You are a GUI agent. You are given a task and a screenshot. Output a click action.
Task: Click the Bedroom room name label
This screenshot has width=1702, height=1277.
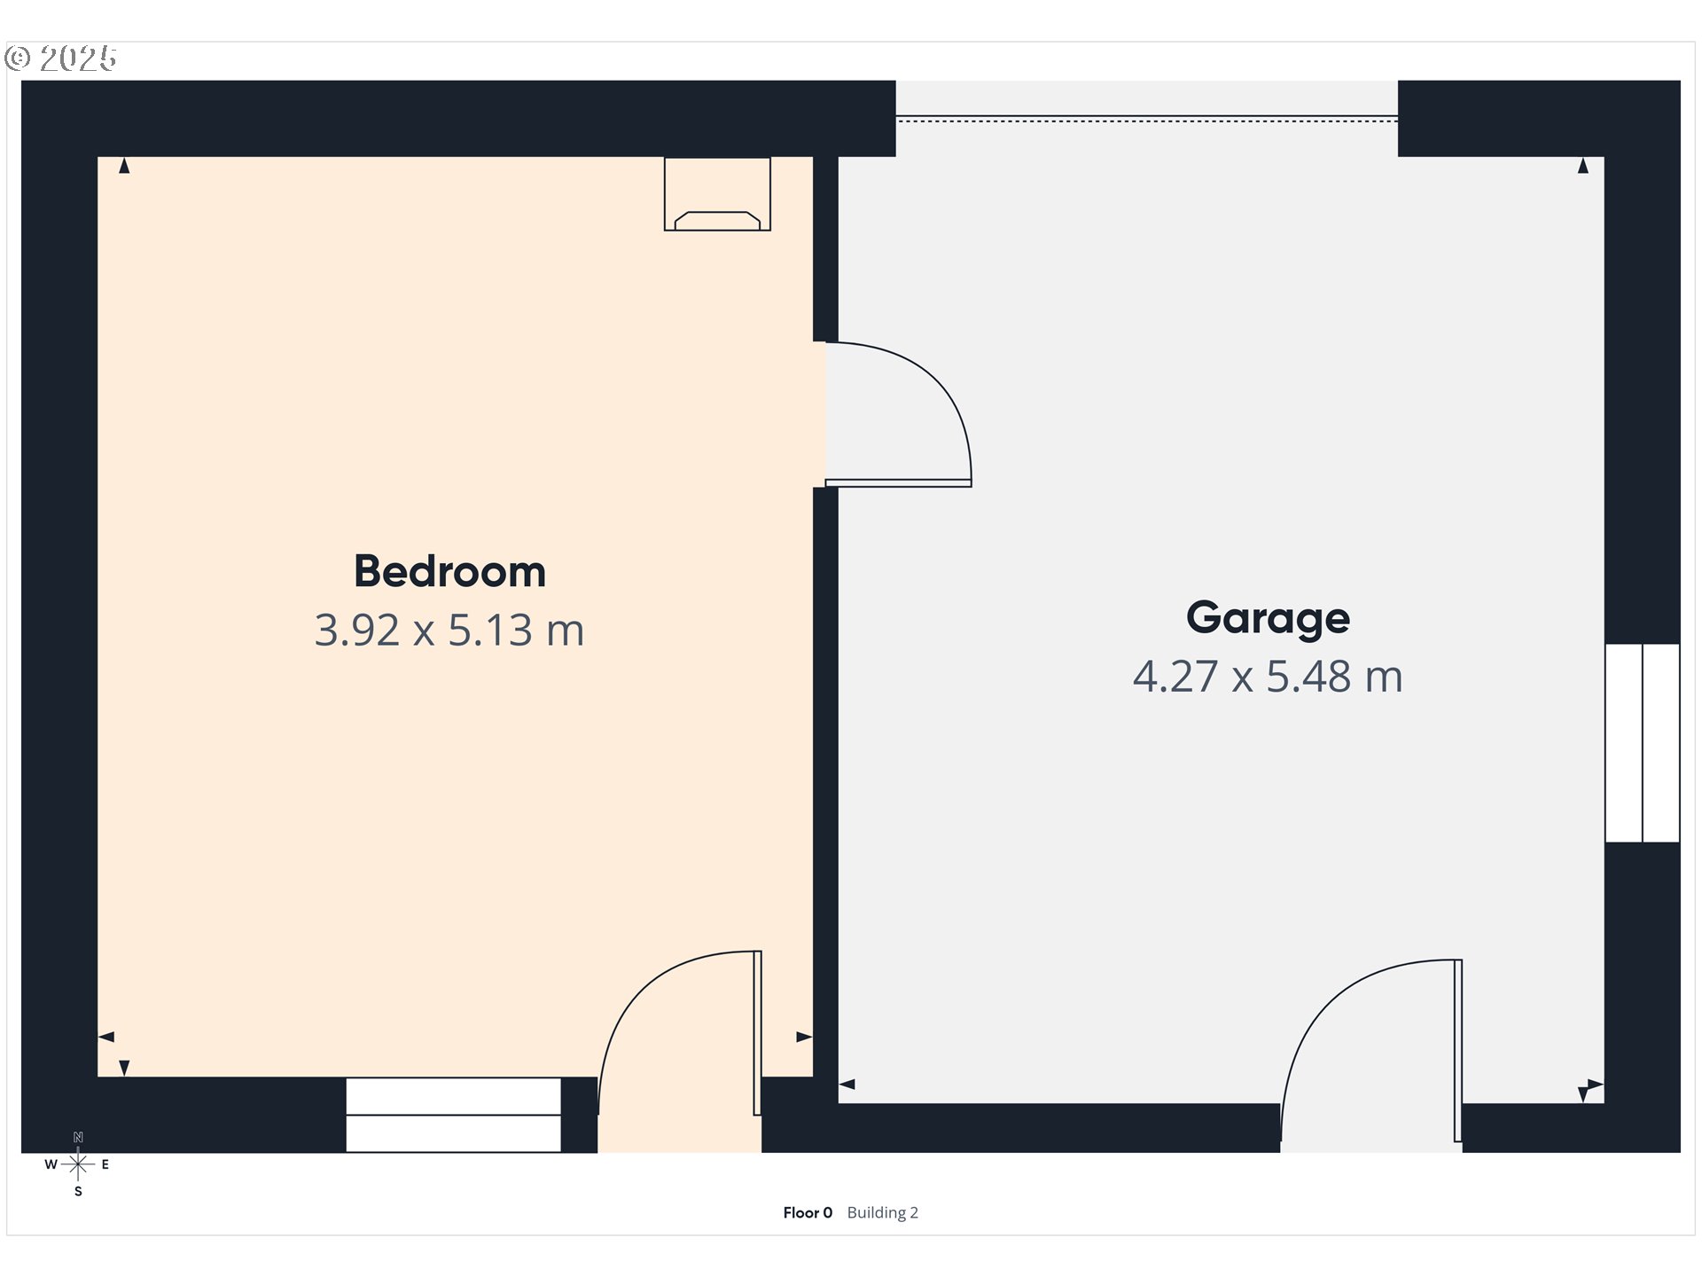click(x=449, y=571)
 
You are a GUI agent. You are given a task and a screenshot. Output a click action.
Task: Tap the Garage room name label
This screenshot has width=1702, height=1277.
click(x=1268, y=617)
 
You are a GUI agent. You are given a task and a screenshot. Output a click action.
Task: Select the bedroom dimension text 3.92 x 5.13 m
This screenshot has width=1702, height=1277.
click(x=449, y=631)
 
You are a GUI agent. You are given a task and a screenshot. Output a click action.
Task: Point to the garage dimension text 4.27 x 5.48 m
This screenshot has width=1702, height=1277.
click(x=1268, y=677)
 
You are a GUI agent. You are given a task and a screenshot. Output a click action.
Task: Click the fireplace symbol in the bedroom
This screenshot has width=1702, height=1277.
click(x=717, y=195)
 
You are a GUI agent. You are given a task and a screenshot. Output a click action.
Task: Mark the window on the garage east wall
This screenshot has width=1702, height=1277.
click(x=1643, y=743)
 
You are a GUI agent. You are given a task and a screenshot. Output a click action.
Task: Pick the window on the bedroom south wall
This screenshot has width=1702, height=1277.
click(x=453, y=1115)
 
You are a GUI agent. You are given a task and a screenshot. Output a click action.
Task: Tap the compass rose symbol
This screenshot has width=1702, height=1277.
click(x=78, y=1164)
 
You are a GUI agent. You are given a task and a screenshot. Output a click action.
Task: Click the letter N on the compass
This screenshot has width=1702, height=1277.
click(x=78, y=1138)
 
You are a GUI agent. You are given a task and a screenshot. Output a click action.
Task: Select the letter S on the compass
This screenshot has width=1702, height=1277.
click(x=78, y=1192)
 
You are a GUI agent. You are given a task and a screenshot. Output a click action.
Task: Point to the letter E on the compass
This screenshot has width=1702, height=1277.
click(x=105, y=1164)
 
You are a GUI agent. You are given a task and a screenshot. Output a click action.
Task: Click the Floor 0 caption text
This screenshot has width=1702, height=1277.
click(x=808, y=1212)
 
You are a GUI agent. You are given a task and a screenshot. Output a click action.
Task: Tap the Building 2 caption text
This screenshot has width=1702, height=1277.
click(x=882, y=1212)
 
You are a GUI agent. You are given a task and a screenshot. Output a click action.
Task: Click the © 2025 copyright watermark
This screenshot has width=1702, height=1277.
click(x=60, y=59)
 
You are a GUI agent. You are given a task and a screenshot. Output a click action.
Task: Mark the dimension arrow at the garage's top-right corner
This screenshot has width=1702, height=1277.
click(x=1583, y=166)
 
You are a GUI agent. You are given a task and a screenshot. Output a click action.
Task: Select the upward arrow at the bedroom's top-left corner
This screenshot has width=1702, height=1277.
click(x=124, y=166)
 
